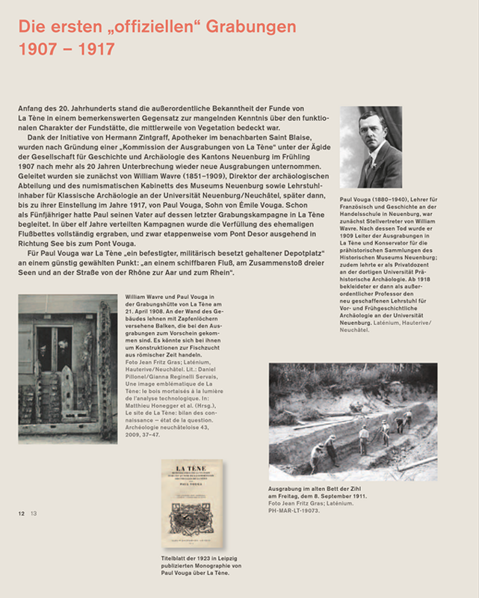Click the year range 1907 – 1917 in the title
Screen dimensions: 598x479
pyautogui.click(x=67, y=50)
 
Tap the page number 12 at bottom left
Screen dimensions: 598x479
pyautogui.click(x=22, y=513)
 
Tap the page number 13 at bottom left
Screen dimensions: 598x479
pyautogui.click(x=33, y=513)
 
